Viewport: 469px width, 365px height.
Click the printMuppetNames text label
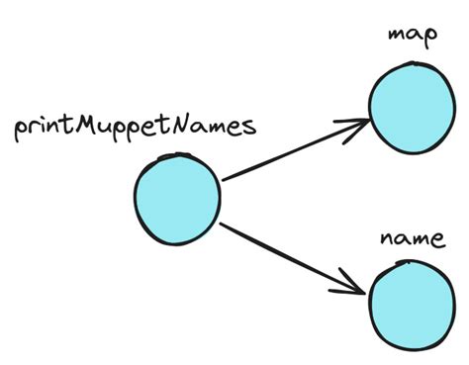pyautogui.click(x=136, y=129)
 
